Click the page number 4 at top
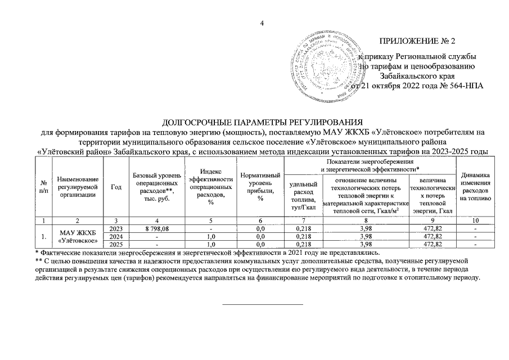261,23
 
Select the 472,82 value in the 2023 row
433,229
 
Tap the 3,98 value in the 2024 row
369,237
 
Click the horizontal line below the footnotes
263,304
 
